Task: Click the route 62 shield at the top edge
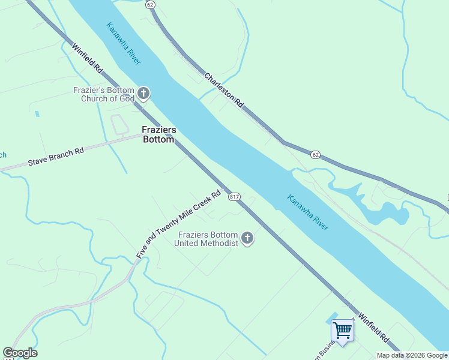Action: (150, 4)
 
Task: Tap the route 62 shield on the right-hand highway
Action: (316, 154)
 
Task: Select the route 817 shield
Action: (234, 197)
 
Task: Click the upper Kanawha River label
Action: (124, 44)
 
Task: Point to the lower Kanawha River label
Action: (307, 212)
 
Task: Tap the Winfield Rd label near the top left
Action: (87, 58)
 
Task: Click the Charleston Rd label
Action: (223, 91)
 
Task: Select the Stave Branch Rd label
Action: (55, 158)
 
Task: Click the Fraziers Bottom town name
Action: (158, 134)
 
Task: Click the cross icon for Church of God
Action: (143, 93)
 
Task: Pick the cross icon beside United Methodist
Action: (247, 239)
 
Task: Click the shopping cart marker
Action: (342, 330)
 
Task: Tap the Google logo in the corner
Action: (20, 353)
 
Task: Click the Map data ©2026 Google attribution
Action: (412, 355)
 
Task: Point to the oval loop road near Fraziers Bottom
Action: (120, 124)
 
